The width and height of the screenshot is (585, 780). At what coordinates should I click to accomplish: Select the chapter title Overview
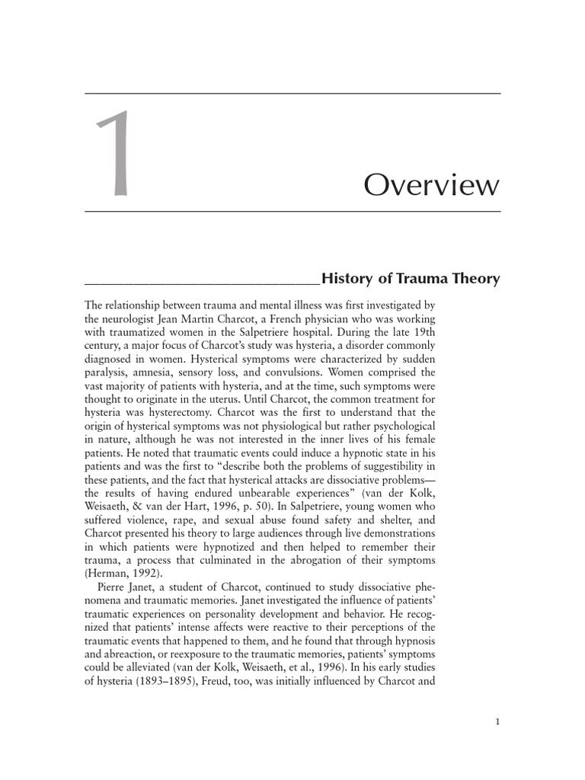coord(431,185)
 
